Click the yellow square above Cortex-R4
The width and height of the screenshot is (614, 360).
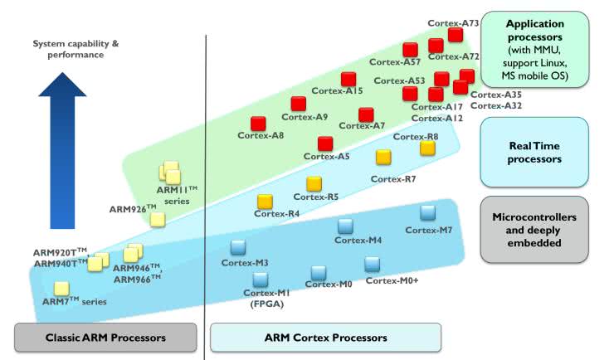pyautogui.click(x=266, y=202)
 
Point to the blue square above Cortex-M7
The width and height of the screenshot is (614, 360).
pyautogui.click(x=428, y=212)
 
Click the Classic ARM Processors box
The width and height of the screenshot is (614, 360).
pyautogui.click(x=106, y=338)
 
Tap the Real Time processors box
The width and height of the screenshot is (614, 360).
pyautogui.click(x=534, y=152)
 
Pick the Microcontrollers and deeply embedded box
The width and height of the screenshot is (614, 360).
pyautogui.click(x=534, y=229)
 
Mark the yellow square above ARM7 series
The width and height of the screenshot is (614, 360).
pyautogui.click(x=61, y=289)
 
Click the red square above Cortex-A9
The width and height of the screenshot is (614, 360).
pyautogui.click(x=299, y=104)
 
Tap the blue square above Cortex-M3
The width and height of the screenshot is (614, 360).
pyautogui.click(x=239, y=246)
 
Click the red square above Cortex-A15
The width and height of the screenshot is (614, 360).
pyautogui.click(x=348, y=79)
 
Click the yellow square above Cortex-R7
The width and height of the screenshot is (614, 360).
pyautogui.click(x=383, y=157)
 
